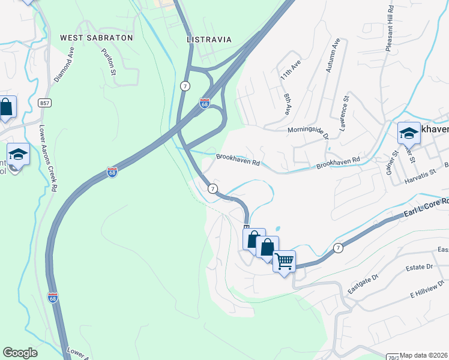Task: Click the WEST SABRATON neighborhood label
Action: [96, 37]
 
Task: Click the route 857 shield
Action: [44, 103]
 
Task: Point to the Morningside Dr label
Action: [309, 130]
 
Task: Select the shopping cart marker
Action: [284, 261]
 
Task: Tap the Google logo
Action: [20, 353]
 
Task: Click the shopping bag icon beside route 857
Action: [6, 108]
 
